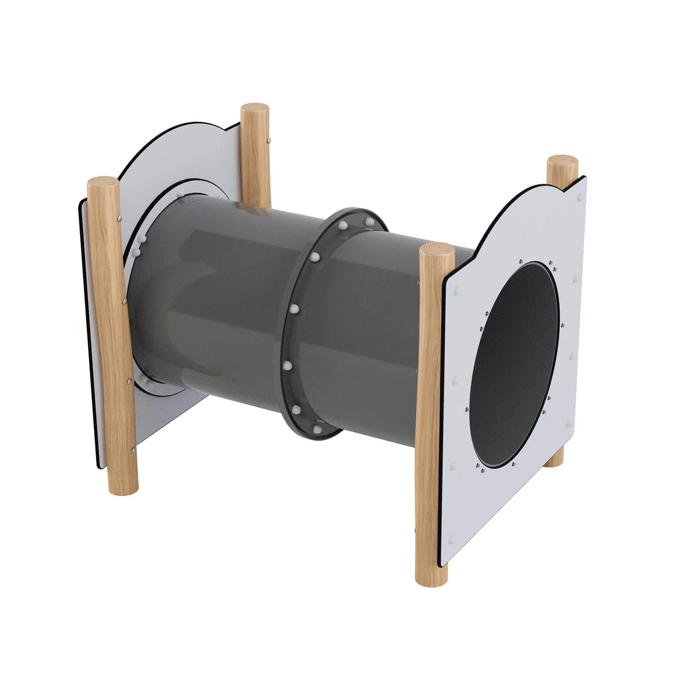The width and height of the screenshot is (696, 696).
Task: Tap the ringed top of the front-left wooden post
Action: [x=103, y=182]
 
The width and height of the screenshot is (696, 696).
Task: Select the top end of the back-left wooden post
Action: [x=256, y=108]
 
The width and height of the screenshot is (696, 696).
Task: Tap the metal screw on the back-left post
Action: [x=270, y=140]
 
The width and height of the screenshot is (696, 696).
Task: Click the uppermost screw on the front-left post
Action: [x=119, y=219]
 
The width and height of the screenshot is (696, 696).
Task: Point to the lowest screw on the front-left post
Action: [x=132, y=451]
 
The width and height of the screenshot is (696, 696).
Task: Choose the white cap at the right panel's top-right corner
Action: [x=579, y=197]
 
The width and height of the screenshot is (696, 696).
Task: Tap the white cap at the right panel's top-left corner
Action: [x=456, y=290]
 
